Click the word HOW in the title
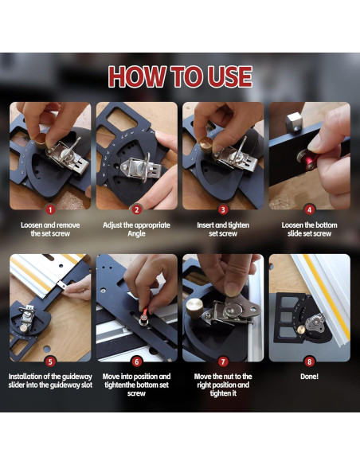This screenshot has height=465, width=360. pos(137,76)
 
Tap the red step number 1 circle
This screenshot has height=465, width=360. pos(50,210)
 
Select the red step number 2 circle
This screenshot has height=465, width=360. pos(136,210)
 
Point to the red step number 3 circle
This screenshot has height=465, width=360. pos(223,210)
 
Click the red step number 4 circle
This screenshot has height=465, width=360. pos(309,210)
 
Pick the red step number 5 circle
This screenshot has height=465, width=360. pos(50,361)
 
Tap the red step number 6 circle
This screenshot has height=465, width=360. pos(136,361)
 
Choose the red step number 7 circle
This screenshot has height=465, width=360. pos(223,361)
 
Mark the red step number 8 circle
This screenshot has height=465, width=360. pos(309,361)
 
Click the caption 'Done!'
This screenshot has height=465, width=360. pos(309,377)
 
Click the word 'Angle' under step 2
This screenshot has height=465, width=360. pos(136,233)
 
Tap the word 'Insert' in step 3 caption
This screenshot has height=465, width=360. pos(205,225)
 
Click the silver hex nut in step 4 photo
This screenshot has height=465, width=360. pos(294,122)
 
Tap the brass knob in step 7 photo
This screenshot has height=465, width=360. pos(195,308)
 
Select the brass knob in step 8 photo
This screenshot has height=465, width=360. pos(301,330)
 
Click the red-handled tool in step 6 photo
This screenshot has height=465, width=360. pos(144,314)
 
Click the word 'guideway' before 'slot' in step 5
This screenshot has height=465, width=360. pos(61,385)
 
